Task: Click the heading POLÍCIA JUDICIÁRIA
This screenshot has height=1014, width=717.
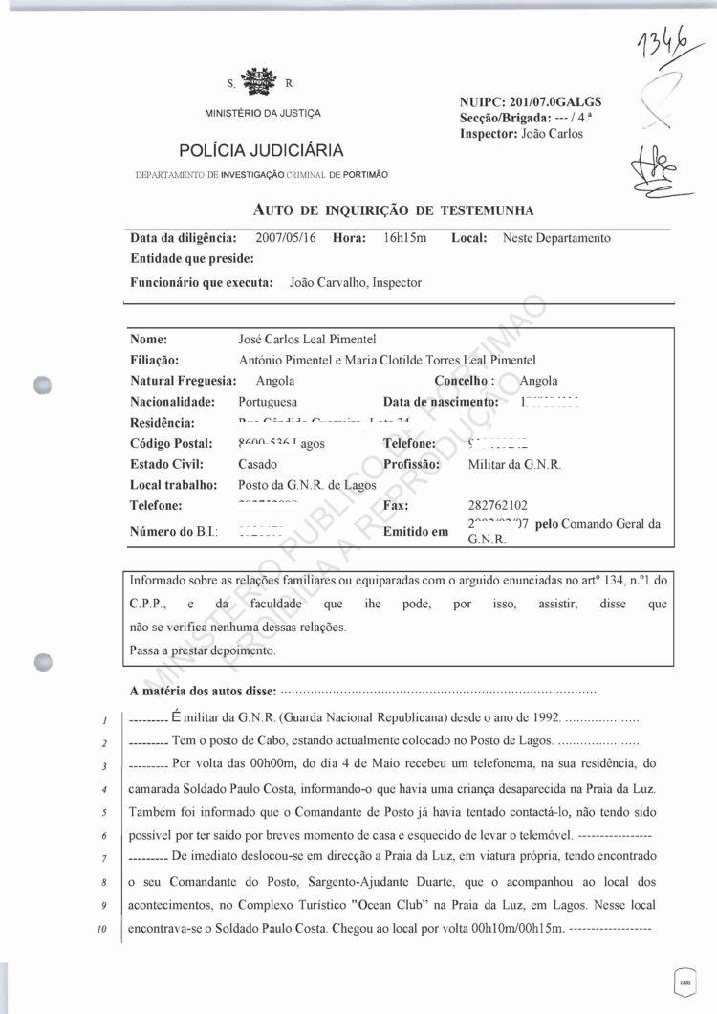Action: pos(261,150)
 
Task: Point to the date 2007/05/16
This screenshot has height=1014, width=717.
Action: pos(288,238)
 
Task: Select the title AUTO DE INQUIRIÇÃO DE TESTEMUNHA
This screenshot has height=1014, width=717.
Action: pos(393,209)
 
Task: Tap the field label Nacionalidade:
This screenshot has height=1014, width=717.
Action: pos(172,402)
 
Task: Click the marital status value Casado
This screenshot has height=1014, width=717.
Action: pos(258,464)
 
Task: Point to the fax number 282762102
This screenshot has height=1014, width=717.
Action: pos(498,505)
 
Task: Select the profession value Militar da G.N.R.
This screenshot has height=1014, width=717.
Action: pos(514,464)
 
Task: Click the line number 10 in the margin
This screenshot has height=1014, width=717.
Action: pos(99,930)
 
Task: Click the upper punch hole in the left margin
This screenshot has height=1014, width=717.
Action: pos(41,384)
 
